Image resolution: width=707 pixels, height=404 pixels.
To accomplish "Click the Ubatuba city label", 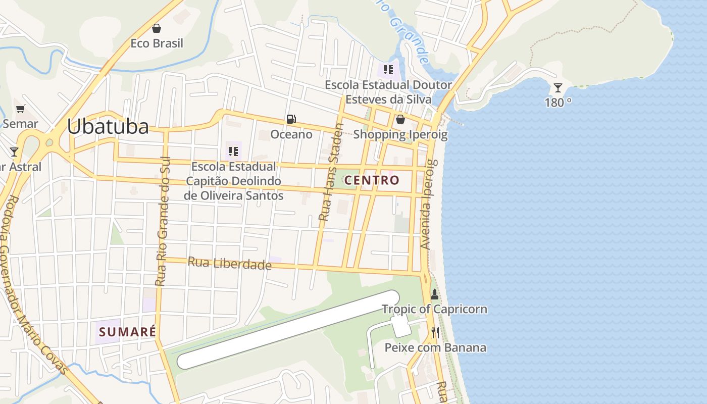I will tap(108, 127).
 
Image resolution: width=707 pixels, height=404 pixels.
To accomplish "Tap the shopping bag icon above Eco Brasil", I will tap(157, 28).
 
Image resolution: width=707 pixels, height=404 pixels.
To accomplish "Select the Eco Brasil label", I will tap(157, 43).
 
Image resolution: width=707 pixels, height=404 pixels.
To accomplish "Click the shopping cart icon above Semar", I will tap(21, 109).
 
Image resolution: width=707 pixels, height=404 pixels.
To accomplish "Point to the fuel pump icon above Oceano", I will tap(291, 119).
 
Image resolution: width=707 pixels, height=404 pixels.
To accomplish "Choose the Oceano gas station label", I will tap(291, 134).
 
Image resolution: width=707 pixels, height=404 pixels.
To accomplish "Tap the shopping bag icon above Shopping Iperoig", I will tap(400, 119).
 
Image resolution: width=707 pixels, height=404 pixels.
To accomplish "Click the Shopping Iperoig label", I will tap(400, 134).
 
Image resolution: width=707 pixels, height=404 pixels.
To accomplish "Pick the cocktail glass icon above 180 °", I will tap(558, 88).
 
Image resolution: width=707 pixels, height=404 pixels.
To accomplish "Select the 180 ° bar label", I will tap(558, 103).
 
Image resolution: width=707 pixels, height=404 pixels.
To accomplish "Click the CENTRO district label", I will tap(372, 180).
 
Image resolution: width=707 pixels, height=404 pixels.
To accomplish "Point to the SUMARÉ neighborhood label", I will tap(127, 332).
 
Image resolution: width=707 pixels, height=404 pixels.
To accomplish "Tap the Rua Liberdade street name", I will tap(230, 263).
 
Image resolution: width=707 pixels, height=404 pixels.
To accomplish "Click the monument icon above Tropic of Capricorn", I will tap(434, 294).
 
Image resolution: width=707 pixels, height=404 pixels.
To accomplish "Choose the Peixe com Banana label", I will tap(435, 347).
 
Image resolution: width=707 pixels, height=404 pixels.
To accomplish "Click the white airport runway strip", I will tap(288, 329).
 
